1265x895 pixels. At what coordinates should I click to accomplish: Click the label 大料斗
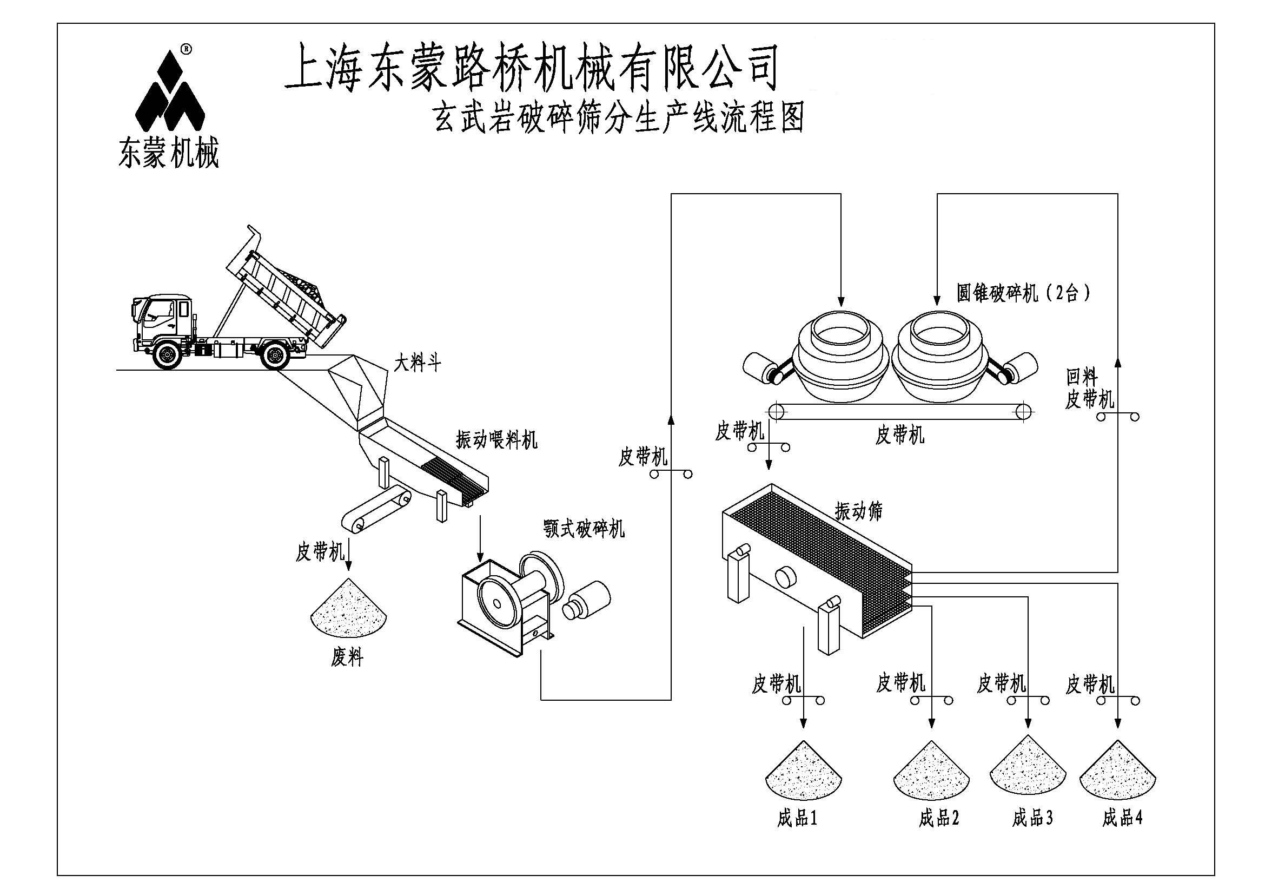click(x=417, y=363)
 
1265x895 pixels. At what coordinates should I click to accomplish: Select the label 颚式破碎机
click(x=584, y=529)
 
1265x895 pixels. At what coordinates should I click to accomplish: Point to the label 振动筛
click(x=858, y=511)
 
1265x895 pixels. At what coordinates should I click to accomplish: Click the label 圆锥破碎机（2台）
click(x=1023, y=293)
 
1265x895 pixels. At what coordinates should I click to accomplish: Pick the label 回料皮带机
click(x=1089, y=389)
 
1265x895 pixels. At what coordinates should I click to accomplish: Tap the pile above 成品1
click(x=804, y=772)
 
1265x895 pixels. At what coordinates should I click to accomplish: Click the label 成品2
click(x=939, y=818)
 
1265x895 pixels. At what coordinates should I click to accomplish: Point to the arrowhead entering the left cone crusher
click(x=841, y=301)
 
